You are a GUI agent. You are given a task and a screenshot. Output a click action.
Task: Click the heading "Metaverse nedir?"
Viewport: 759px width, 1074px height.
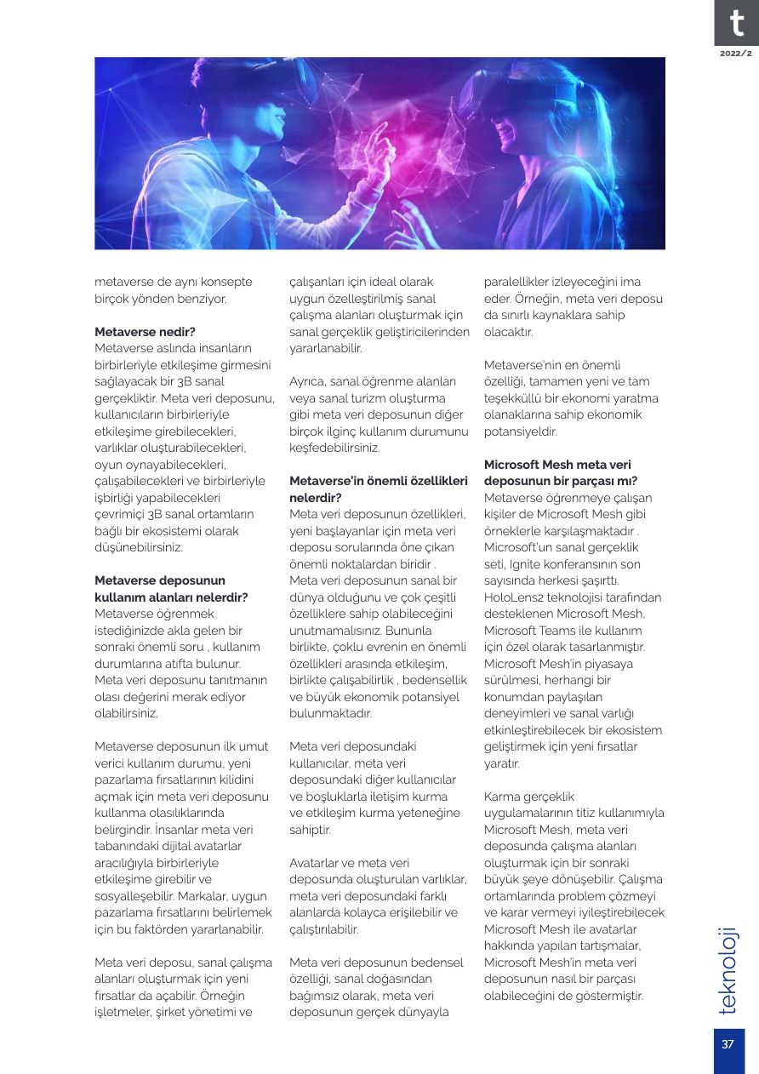[146, 331]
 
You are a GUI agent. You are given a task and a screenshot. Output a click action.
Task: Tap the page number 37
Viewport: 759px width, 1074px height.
[728, 1046]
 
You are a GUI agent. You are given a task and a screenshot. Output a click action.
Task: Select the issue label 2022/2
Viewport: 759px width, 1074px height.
[736, 53]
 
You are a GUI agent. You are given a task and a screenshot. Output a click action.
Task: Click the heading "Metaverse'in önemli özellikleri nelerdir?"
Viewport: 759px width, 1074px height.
[378, 489]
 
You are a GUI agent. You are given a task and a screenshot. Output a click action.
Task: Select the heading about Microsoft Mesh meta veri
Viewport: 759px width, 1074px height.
[561, 472]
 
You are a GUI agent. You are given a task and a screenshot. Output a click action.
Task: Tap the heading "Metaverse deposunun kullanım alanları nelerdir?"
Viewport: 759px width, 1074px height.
[171, 588]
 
